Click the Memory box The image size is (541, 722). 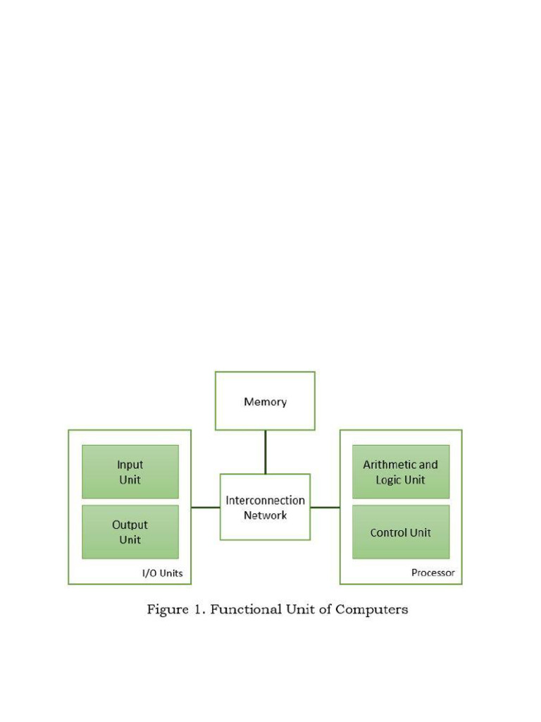265,401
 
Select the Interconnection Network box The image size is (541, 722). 265,507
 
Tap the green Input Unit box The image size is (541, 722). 130,472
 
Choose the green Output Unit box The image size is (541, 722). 130,532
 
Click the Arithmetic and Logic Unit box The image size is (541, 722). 400,472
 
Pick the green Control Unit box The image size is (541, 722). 400,532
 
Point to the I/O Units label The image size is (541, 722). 162,573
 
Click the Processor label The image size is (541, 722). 433,573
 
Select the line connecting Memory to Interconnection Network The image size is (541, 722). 265,452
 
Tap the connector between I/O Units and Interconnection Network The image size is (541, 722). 205,507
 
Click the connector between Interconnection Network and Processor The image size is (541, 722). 325,507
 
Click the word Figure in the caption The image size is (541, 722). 166,609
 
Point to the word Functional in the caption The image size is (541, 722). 244,609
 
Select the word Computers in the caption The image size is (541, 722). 371,609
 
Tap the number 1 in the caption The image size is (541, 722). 198,609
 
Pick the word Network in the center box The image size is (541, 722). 265,515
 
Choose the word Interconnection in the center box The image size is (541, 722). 265,500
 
